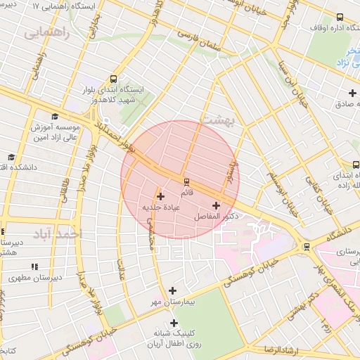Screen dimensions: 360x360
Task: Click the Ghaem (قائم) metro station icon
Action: coord(186,180)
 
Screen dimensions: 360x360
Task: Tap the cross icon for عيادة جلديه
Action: coord(160,196)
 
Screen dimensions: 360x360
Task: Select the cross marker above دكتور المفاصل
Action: coord(215,205)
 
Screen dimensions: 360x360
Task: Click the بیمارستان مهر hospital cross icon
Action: coord(173,290)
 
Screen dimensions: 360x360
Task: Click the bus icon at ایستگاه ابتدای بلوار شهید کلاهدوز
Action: coord(114,79)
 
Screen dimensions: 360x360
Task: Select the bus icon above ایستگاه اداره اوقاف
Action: coord(340,17)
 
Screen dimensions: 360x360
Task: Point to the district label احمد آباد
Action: coord(61,233)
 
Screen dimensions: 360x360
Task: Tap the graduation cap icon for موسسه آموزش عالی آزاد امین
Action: coord(55,116)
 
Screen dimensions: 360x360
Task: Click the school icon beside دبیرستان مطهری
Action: coord(34,266)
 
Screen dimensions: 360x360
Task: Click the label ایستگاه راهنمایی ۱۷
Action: coord(65,6)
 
